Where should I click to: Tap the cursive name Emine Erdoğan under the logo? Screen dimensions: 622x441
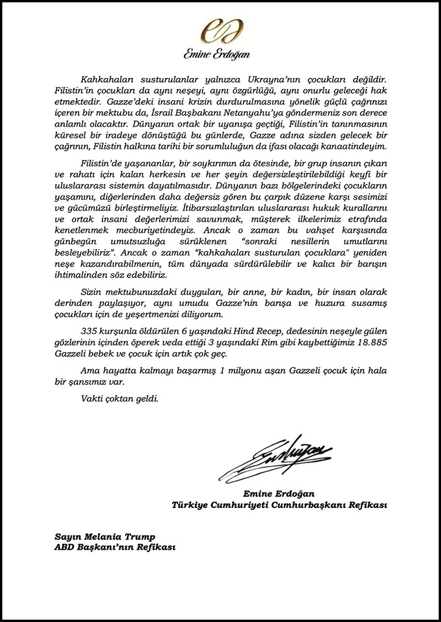coord(216,54)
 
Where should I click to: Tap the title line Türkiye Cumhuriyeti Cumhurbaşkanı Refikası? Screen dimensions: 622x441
coord(279,504)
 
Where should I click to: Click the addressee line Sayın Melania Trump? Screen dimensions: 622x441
coord(105,536)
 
